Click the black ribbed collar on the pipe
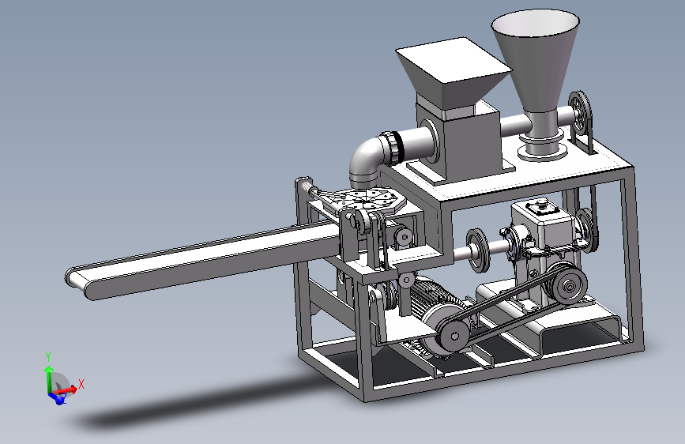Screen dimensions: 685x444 coord(395,147)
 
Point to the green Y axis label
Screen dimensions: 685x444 coord(48,357)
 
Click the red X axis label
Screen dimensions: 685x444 coord(81,385)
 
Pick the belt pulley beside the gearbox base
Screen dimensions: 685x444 coord(569,286)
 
